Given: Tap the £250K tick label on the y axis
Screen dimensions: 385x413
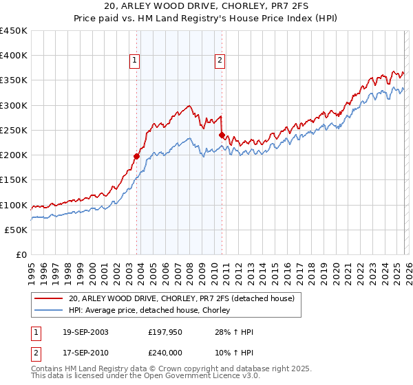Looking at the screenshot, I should pyautogui.click(x=14, y=130).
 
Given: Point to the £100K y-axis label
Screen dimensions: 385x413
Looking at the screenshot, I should pyautogui.click(x=14, y=205).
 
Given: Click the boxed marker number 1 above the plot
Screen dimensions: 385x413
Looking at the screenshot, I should pyautogui.click(x=135, y=60).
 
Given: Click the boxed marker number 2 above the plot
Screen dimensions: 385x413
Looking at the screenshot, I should pyautogui.click(x=220, y=60).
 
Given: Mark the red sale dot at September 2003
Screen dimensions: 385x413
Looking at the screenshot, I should pyautogui.click(x=136, y=156).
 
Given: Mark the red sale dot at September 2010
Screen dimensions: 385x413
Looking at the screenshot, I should pyautogui.click(x=222, y=135).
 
